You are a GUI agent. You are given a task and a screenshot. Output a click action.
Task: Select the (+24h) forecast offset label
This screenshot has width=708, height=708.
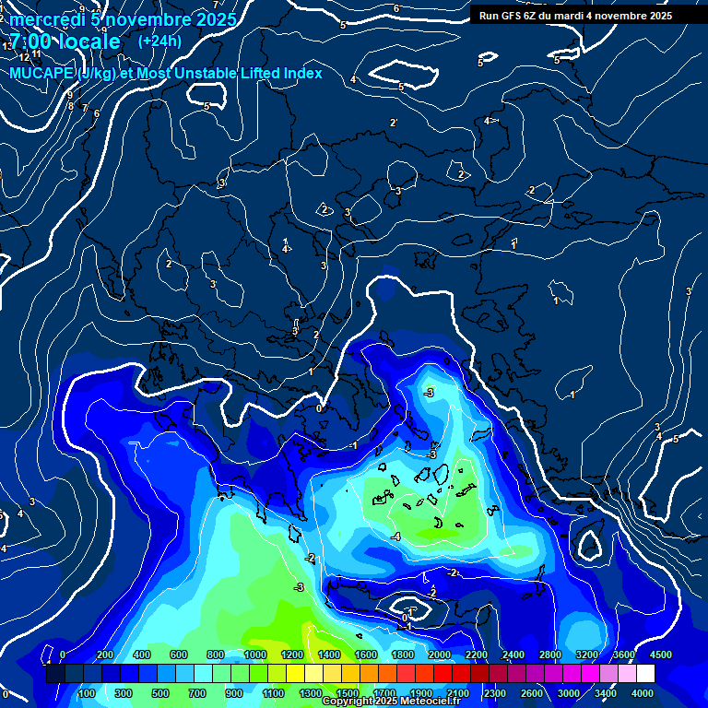(159, 41)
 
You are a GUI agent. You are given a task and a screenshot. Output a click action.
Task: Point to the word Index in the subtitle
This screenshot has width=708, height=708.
(301, 73)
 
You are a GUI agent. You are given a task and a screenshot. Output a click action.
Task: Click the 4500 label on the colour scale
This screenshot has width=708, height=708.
(660, 655)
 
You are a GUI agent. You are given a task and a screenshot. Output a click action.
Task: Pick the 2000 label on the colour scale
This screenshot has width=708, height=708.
(439, 655)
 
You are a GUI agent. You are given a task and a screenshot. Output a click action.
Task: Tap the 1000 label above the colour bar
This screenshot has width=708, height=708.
(254, 655)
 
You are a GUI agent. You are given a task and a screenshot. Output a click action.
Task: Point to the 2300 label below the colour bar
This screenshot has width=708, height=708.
(494, 693)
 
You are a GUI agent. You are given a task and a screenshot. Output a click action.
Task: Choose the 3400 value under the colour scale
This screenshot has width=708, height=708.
(606, 693)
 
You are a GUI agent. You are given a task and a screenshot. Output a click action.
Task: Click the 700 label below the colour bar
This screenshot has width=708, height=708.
(197, 693)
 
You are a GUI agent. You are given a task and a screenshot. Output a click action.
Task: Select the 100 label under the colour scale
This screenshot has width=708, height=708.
(87, 693)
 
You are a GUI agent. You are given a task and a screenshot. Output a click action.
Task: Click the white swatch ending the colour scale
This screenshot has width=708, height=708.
(645, 674)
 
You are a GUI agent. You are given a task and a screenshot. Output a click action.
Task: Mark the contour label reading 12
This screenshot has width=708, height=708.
(25, 57)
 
